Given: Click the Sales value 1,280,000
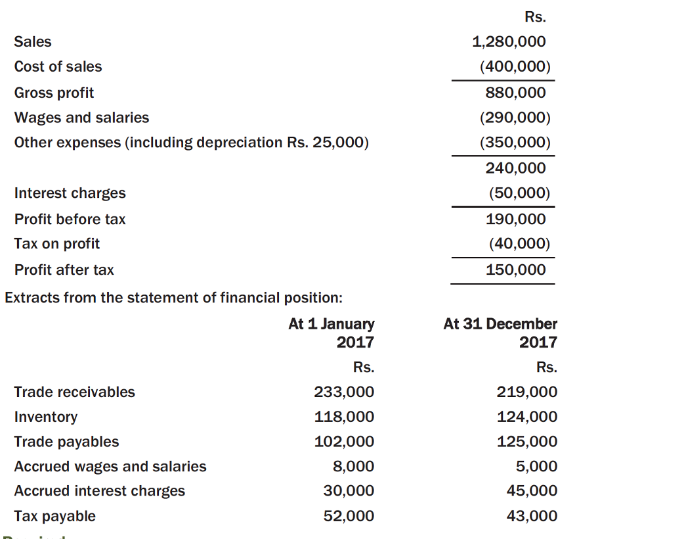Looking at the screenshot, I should click(509, 42).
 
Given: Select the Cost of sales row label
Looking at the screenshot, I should click(58, 67).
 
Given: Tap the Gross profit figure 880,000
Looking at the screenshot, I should click(515, 93).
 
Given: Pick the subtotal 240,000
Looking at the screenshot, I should click(515, 168).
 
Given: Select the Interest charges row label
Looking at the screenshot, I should click(70, 193).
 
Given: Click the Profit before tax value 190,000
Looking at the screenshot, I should click(515, 219).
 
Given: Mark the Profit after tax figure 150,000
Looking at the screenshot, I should click(515, 269).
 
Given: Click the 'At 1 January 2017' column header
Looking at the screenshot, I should click(331, 333).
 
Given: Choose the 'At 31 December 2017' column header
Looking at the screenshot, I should click(500, 333).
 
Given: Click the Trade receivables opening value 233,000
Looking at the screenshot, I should click(344, 392).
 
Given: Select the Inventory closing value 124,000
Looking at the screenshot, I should click(527, 417).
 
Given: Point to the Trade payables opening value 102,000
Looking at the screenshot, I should click(344, 442).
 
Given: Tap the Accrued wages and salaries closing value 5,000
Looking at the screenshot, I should click(536, 467).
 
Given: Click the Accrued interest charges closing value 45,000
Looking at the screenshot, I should click(532, 491).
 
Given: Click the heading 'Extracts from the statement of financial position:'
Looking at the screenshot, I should click(173, 297).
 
